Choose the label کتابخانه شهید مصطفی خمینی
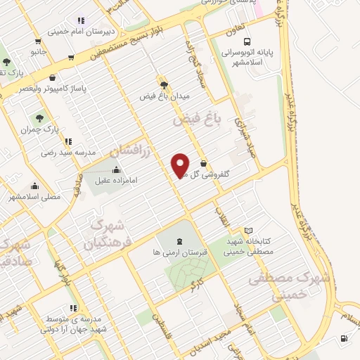(258, 245)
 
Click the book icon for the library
(247, 231)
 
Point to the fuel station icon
(343, 339)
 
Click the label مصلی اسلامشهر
(35, 197)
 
